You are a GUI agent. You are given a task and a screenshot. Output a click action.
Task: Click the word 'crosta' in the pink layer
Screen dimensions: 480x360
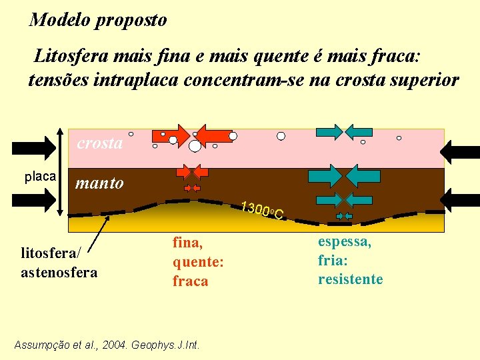[x=100, y=143]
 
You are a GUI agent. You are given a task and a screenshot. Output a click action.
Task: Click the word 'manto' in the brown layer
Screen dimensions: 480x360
[x=99, y=183]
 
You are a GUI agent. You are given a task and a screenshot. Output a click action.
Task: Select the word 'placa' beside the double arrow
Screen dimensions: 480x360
[x=40, y=177]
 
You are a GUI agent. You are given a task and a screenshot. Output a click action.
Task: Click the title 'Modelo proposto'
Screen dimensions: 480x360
[x=98, y=20]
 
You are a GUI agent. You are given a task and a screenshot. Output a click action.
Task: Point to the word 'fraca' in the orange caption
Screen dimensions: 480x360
[x=190, y=281]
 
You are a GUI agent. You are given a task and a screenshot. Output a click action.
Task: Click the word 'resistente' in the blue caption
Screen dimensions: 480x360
[x=350, y=279]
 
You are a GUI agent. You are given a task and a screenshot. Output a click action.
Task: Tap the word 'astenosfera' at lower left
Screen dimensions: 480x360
[x=59, y=272]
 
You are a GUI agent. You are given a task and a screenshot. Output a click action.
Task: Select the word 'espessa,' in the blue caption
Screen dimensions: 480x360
[x=345, y=241]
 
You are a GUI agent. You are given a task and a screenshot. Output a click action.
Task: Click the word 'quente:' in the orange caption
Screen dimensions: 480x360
[x=197, y=263]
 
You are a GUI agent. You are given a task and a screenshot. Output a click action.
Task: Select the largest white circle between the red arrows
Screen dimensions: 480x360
[x=195, y=146]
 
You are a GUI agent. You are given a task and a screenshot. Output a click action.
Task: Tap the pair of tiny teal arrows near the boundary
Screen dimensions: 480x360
[x=345, y=216]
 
